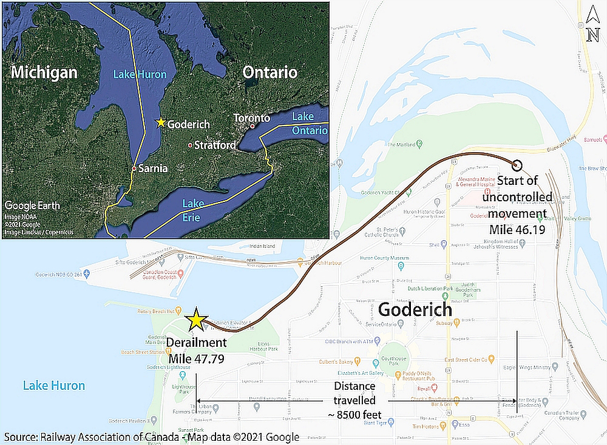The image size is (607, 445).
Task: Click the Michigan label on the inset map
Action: point(44,73)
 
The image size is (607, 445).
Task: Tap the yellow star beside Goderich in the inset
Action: point(160,122)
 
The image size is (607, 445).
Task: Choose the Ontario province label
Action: point(270,73)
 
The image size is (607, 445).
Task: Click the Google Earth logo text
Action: point(32,206)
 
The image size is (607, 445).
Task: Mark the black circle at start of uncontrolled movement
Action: point(517,164)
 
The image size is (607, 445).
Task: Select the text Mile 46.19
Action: point(518,230)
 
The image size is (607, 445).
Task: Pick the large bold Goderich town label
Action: point(415,310)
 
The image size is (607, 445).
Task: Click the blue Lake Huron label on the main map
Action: point(54,386)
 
